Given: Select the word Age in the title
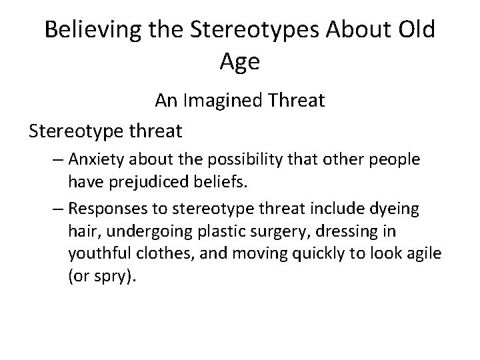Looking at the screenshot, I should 239,63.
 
